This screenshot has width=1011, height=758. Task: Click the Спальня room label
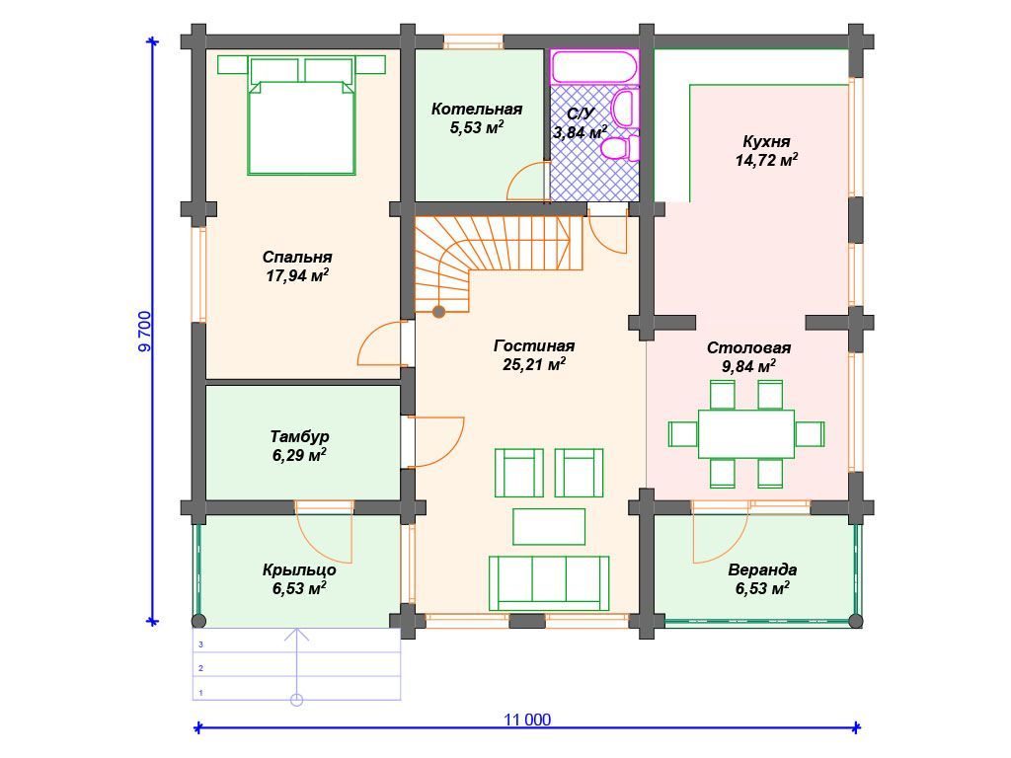coord(297,258)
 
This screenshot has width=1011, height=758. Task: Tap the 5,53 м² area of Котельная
coord(477,127)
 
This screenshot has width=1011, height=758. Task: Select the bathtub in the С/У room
coord(594,67)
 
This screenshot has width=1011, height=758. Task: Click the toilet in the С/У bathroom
coord(619,148)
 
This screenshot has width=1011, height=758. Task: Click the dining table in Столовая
coord(746,433)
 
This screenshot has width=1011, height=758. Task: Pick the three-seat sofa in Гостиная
coord(549,582)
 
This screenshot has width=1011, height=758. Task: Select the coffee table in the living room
coord(549,527)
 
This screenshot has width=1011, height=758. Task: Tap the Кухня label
coord(766,141)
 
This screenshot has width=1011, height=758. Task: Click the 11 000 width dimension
coord(527,720)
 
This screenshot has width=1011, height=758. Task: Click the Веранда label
coord(762,569)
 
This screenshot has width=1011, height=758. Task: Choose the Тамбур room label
coord(299,436)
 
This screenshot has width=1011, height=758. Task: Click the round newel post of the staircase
coord(438,313)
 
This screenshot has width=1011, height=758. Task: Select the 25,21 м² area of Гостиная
coord(534,365)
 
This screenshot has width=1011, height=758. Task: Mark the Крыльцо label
coord(299,569)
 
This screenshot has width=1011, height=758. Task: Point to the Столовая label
coord(748,348)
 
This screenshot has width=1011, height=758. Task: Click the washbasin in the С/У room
coord(624,108)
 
